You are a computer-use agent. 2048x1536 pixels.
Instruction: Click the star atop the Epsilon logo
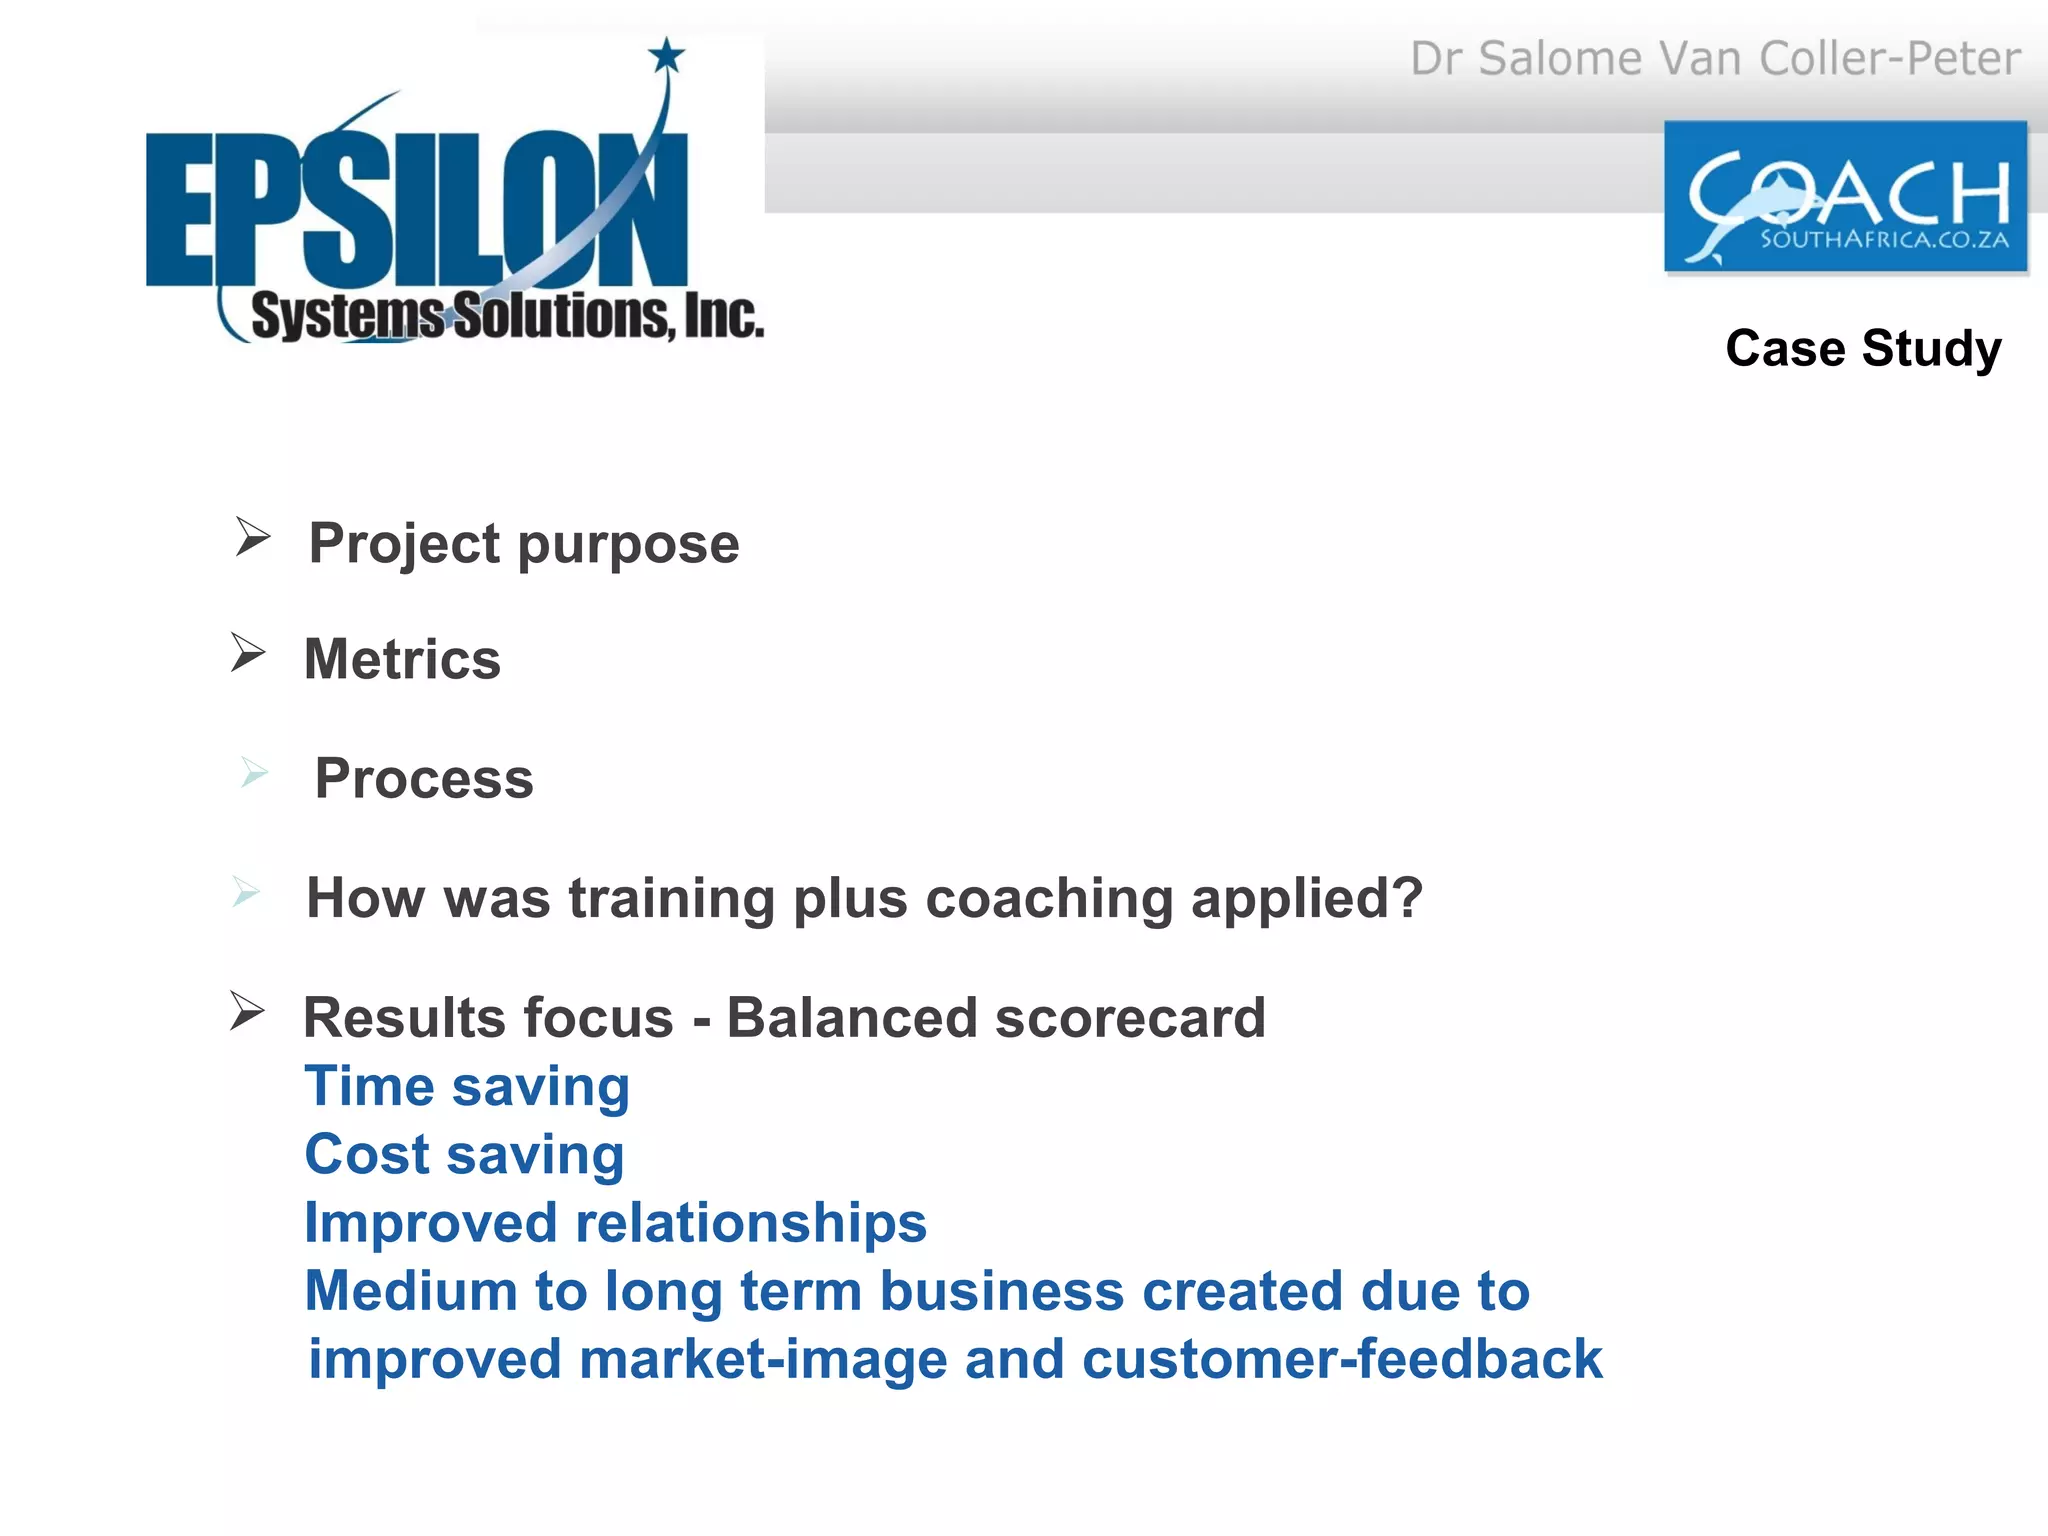667,55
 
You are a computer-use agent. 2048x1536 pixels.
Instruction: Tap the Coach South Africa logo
1845,197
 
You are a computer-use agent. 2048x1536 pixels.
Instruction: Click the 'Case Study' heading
1863,348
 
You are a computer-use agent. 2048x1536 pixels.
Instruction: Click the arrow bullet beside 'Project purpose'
253,537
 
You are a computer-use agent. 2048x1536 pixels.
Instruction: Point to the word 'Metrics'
402,660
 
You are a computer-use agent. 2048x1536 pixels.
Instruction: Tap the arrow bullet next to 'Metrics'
248,653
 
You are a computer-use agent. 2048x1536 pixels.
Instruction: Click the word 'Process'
424,778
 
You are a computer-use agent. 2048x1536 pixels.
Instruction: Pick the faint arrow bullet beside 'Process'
254,772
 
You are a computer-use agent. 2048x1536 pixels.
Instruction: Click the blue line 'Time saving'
467,1086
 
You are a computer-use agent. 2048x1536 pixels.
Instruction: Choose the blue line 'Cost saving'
464,1155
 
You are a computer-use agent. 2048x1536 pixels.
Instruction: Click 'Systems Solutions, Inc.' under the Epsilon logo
507,316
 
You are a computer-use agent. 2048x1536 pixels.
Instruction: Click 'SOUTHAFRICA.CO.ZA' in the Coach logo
1884,240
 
